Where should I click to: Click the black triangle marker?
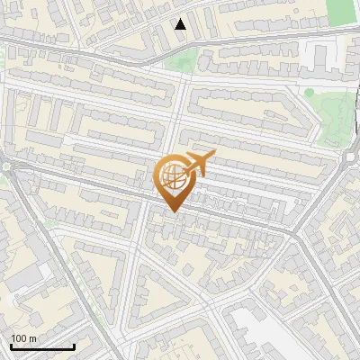pyautogui.click(x=181, y=24)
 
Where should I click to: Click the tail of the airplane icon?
pyautogui.click(x=211, y=157)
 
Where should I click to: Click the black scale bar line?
pyautogui.click(x=41, y=347)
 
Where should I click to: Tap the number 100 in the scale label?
pyautogui.click(x=19, y=338)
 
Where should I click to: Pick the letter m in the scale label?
pyautogui.click(x=32, y=338)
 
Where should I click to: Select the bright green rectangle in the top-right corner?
pyautogui.click(x=342, y=11)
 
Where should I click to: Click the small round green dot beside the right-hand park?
pyautogui.click(x=309, y=92)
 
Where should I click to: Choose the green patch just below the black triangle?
pyautogui.click(x=183, y=61)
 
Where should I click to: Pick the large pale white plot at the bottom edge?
pyautogui.click(x=261, y=337)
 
